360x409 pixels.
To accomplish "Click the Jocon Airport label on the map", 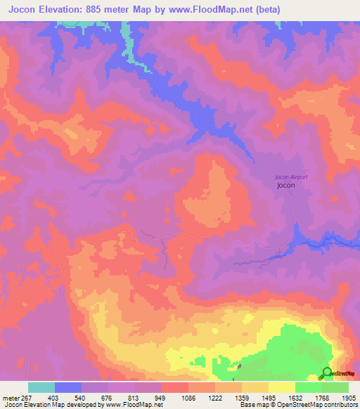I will pyautogui.click(x=290, y=177).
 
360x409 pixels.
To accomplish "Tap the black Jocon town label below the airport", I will pyautogui.click(x=286, y=186).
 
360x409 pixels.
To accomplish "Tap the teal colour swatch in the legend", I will pyautogui.click(x=41, y=387).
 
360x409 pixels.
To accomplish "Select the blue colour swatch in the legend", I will pyautogui.click(x=68, y=387).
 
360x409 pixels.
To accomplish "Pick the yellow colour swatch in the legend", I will pyautogui.click(x=282, y=387).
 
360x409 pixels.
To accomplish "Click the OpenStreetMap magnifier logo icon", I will pyautogui.click(x=327, y=374).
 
